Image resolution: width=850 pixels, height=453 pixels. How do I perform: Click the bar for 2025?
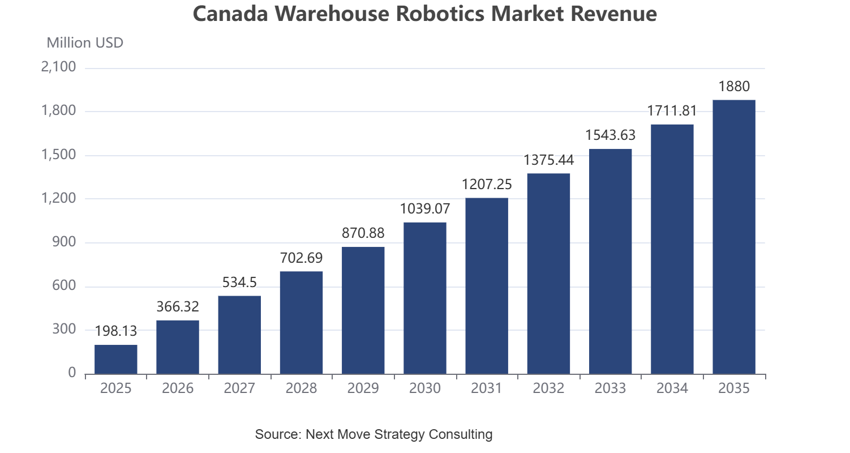tap(116, 360)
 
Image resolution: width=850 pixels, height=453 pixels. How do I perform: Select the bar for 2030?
tap(425, 298)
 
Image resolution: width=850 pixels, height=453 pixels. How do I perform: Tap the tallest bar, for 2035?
tap(734, 237)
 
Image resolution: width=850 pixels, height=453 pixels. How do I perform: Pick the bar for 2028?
tap(301, 323)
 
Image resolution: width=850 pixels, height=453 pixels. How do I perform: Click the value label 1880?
tap(734, 87)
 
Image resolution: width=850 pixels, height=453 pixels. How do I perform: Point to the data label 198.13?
tap(116, 331)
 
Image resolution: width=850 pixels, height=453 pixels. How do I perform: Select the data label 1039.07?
tap(425, 208)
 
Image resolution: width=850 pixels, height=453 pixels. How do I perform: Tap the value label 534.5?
tap(239, 282)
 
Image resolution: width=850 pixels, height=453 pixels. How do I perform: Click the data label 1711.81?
tap(672, 111)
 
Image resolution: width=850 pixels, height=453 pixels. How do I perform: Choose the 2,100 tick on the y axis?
tap(58, 67)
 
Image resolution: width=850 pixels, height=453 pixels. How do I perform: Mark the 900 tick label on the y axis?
tap(64, 242)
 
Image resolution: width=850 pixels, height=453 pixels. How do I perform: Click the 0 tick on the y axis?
tap(72, 373)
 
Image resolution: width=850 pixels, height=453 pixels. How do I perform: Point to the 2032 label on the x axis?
tap(548, 388)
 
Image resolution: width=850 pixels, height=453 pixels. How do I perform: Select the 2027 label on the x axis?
tap(239, 388)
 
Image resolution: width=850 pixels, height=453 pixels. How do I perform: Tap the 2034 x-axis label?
tap(672, 388)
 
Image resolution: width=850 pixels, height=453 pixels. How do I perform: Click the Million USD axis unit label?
tap(85, 43)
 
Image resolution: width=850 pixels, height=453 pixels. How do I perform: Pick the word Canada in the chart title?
tap(230, 14)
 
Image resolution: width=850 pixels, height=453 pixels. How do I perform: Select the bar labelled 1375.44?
tap(548, 273)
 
